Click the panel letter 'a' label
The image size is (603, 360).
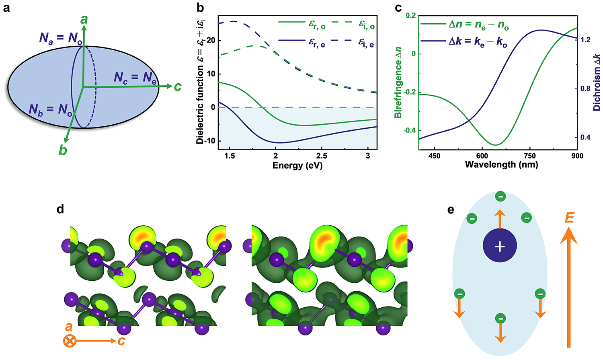(6, 8)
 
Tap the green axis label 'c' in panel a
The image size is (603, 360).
(177, 86)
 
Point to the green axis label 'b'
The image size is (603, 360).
(63, 150)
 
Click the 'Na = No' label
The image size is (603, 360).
(61, 38)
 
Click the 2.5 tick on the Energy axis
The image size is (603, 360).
(322, 156)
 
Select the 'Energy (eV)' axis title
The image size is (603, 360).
(297, 165)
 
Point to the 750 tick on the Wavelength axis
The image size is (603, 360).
(530, 156)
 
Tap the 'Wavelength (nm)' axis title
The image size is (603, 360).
(501, 165)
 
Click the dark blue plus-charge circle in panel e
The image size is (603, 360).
(500, 246)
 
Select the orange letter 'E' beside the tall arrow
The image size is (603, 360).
(569, 218)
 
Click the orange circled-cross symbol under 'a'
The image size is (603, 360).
(70, 341)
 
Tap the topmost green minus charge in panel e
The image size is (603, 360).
(500, 197)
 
